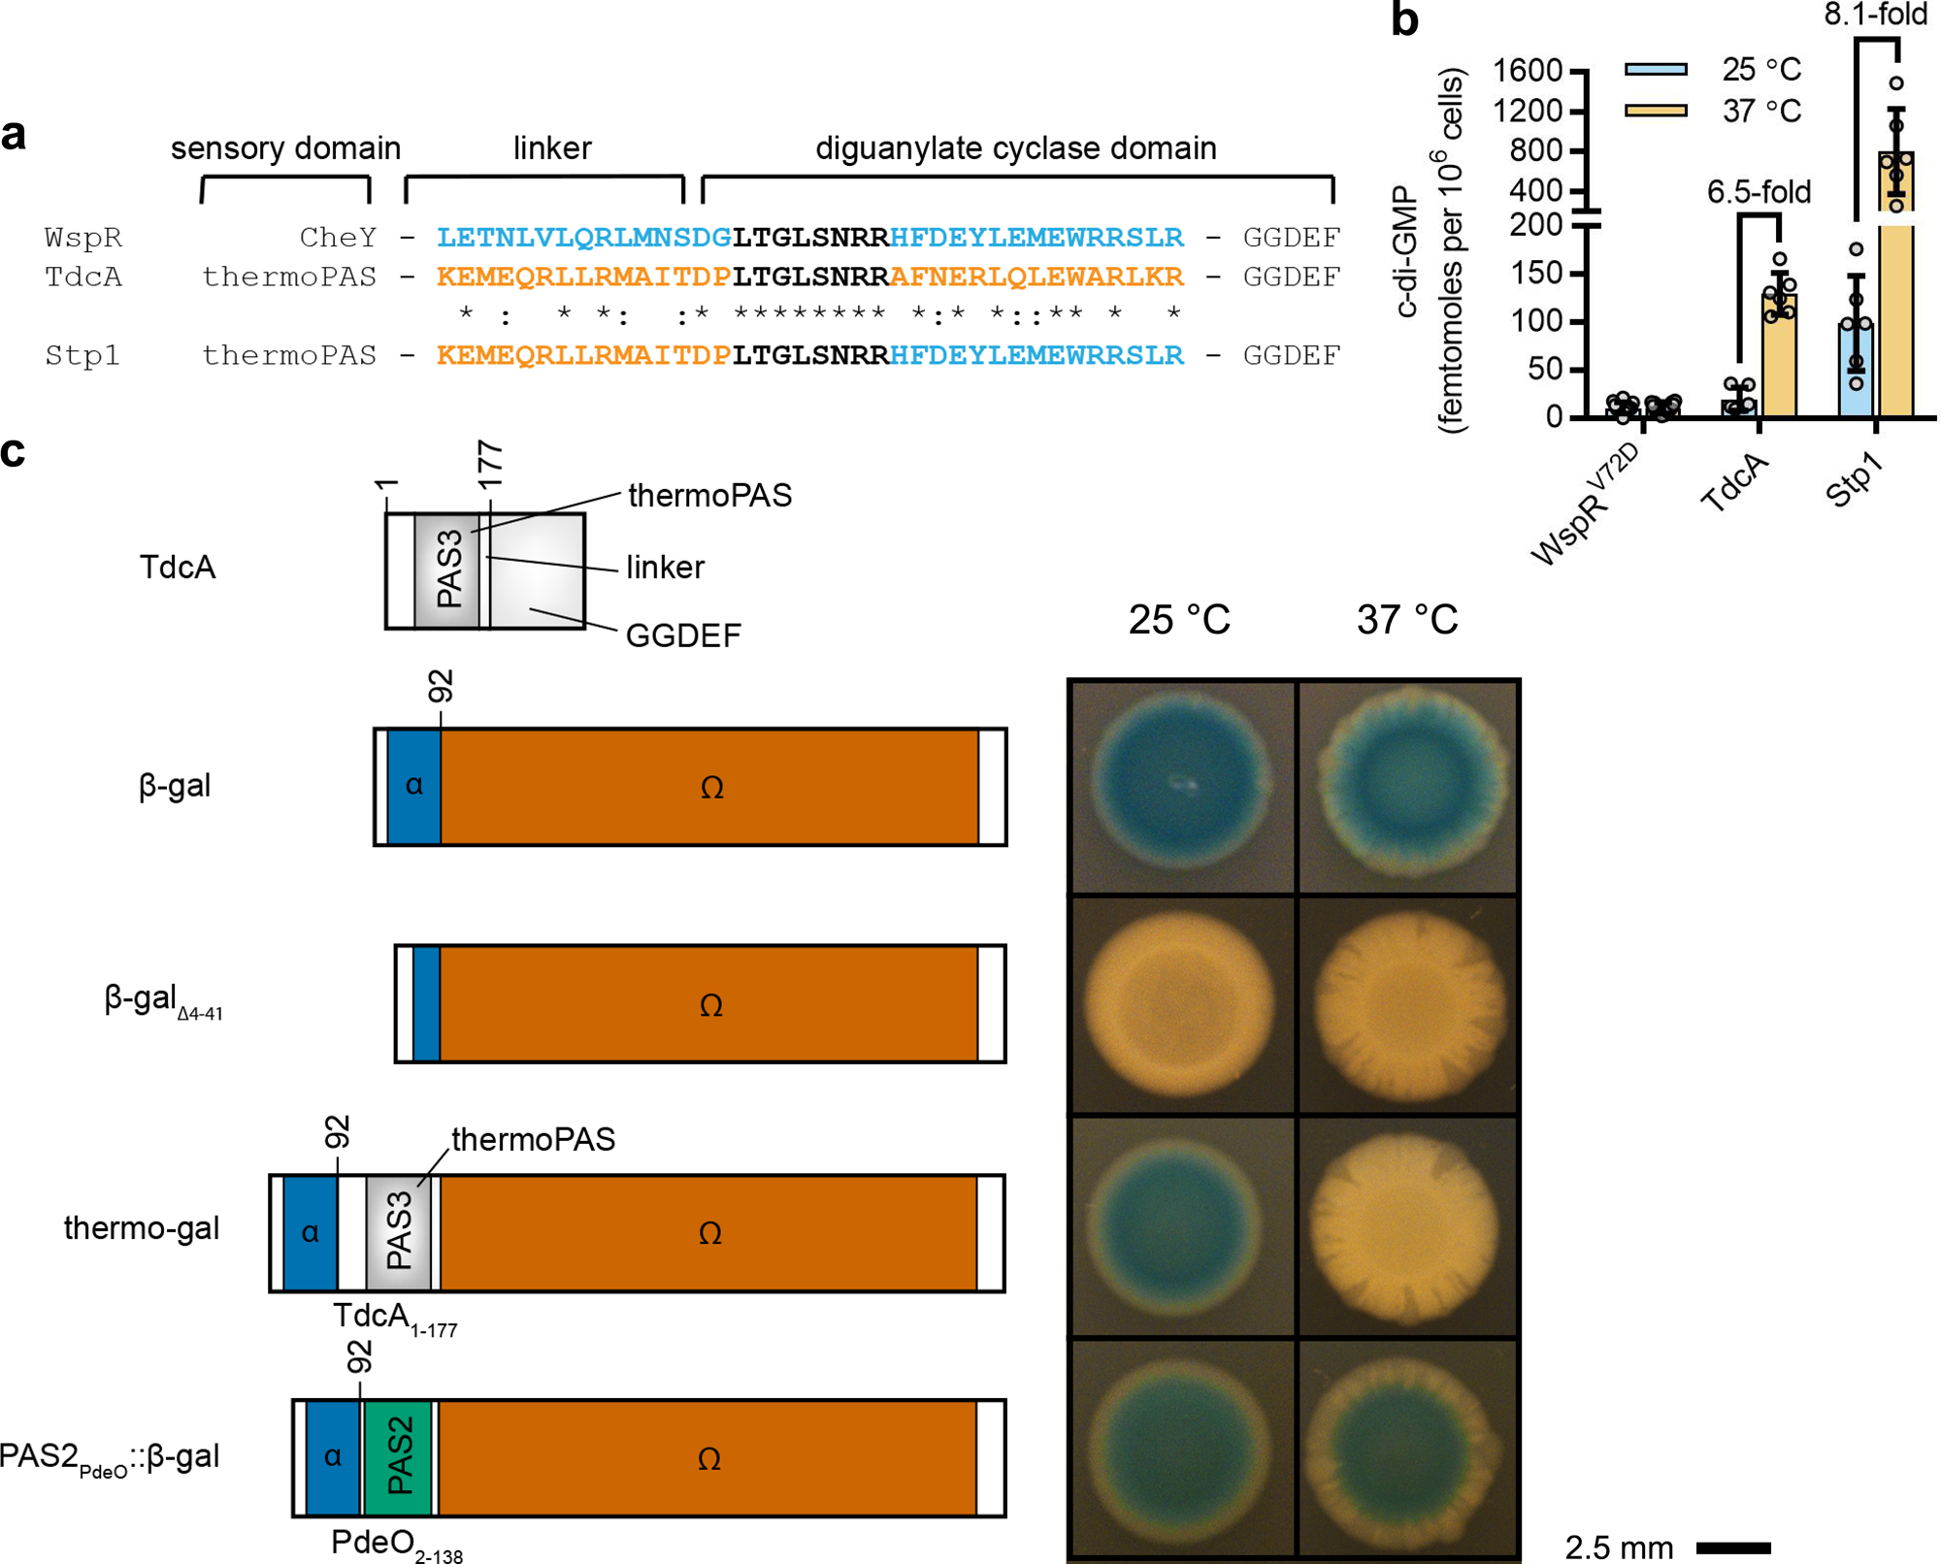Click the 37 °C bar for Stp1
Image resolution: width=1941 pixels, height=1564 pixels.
(x=1895, y=291)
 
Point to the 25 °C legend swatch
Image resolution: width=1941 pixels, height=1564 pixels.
(x=1656, y=69)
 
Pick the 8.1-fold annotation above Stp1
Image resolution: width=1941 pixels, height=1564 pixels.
(x=1875, y=15)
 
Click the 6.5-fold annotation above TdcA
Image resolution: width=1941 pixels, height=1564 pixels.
(x=1759, y=192)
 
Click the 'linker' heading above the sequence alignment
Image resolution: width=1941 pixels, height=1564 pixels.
(x=551, y=147)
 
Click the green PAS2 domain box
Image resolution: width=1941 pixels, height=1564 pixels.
(x=398, y=1456)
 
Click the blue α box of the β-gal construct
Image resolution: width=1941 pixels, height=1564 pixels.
(x=414, y=786)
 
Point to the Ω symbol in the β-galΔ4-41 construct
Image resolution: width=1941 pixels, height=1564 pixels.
(x=710, y=1005)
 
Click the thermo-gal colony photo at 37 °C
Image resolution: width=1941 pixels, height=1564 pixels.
(x=1408, y=1226)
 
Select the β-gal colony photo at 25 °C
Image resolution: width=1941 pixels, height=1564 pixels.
(x=1181, y=786)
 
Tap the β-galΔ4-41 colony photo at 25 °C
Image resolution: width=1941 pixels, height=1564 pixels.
(x=1181, y=1005)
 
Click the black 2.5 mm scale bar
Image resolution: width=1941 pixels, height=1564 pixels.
(x=1733, y=1547)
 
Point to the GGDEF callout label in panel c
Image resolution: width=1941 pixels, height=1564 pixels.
(x=683, y=635)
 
